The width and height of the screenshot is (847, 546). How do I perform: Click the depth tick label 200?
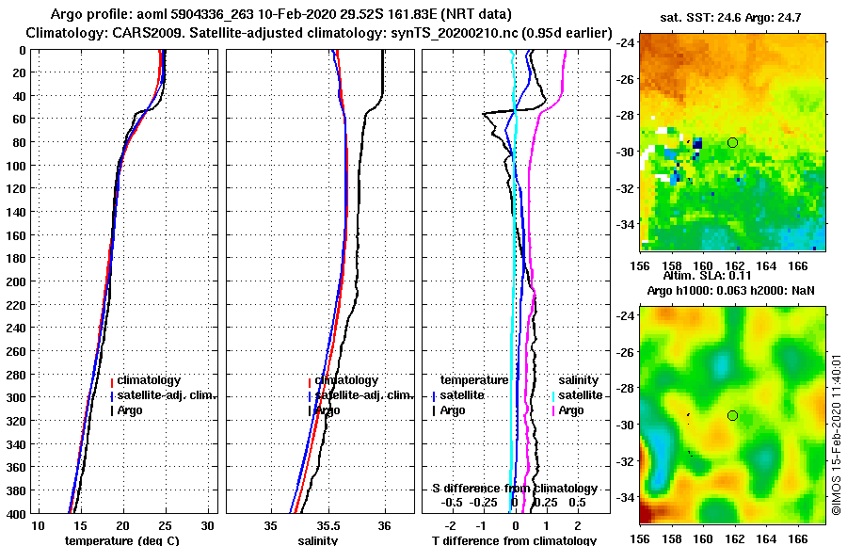coord(15,281)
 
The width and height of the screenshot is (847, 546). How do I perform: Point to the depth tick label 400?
coord(15,513)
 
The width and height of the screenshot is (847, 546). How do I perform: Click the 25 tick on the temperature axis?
coord(166,524)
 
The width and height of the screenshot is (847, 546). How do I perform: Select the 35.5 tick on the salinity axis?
coord(329,524)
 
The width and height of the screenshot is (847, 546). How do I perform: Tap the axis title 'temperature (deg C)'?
coord(121,540)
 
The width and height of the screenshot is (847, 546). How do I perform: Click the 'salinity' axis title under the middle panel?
coord(318,540)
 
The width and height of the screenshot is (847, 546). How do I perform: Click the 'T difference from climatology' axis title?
coord(514,540)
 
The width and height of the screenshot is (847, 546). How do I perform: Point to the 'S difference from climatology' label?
coord(514,489)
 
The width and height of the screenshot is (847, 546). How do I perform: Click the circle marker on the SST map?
coord(732,142)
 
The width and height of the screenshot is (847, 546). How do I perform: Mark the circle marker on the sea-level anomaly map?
coord(732,415)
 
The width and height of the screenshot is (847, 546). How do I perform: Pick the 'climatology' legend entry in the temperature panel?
coord(149,380)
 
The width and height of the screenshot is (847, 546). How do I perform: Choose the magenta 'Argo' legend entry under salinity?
coord(570,410)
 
